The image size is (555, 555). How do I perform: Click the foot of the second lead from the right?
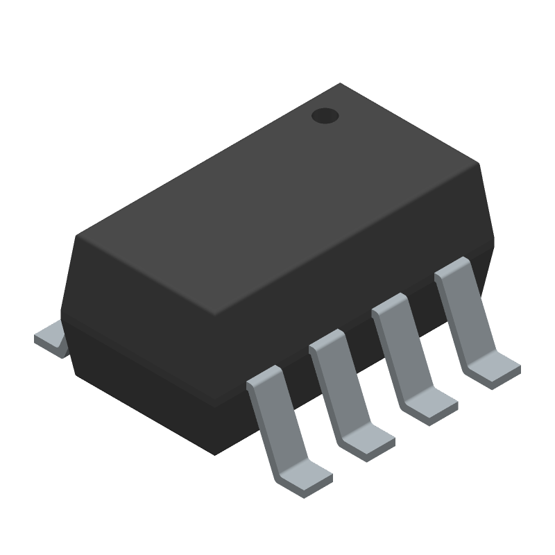pos(430,406)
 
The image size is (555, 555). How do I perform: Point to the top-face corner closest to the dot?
pos(340,85)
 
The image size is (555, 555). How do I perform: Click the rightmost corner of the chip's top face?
pos(479,165)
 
